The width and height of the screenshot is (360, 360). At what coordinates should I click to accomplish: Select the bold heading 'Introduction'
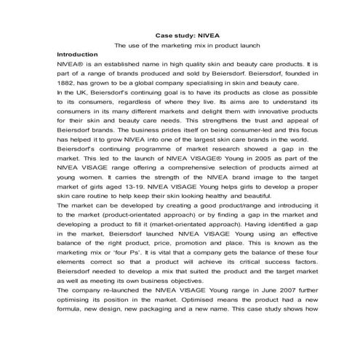coord(78,55)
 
